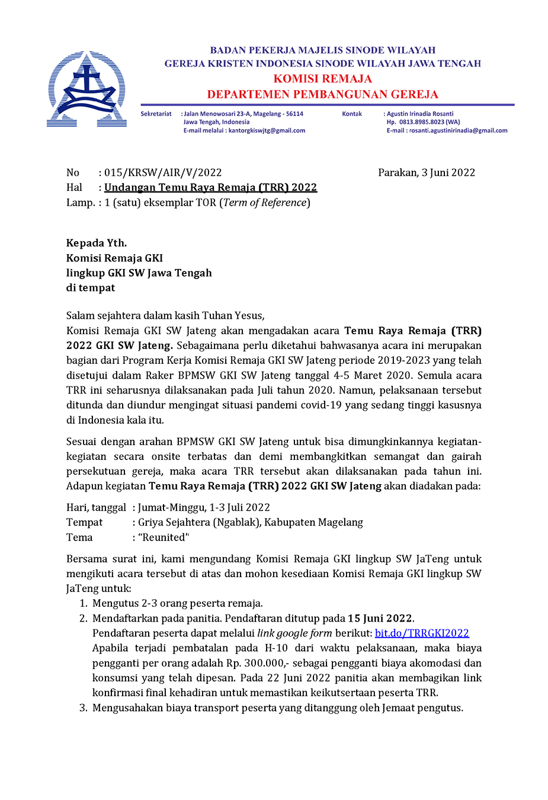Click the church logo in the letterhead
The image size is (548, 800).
click(x=87, y=89)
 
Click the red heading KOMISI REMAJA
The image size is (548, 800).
click(x=322, y=79)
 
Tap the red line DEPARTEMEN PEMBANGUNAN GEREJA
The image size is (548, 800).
click(x=322, y=94)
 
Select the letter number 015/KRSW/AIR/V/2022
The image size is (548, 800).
click(x=163, y=172)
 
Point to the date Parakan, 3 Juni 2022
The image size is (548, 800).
click(x=427, y=172)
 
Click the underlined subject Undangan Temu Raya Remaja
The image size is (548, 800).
click(x=210, y=187)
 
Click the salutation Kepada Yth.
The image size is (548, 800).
click(x=97, y=243)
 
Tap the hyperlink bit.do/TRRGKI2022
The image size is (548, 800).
click(x=422, y=633)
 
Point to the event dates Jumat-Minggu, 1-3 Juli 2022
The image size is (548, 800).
click(x=204, y=508)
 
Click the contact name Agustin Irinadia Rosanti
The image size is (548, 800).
click(x=420, y=114)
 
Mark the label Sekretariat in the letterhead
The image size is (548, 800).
click(x=156, y=114)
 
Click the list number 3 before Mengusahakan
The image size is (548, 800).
click(x=83, y=708)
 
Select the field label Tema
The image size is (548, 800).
click(x=79, y=537)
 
